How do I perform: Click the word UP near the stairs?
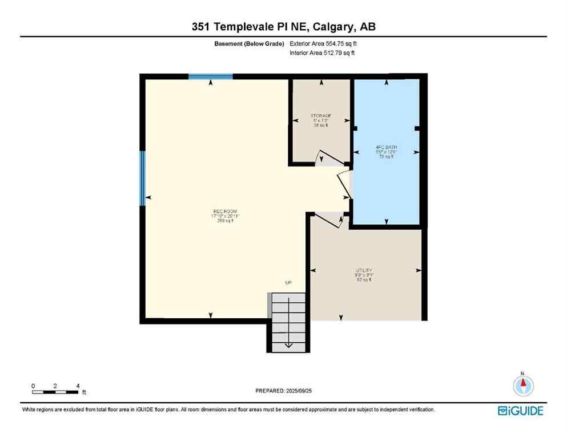[288, 283]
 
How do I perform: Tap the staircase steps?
[288, 322]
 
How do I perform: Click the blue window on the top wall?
[211, 76]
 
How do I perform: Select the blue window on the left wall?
[142, 178]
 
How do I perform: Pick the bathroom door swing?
[344, 182]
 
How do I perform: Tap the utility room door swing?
[329, 220]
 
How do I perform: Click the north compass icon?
[522, 386]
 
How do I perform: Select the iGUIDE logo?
[520, 411]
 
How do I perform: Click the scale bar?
[55, 392]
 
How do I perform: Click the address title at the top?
[283, 27]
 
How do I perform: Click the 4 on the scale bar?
[77, 386]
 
